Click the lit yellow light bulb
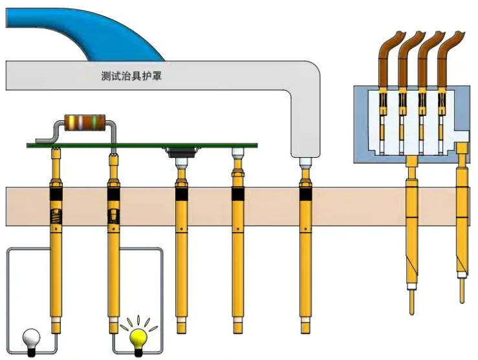138,336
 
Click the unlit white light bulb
31,337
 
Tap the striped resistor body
84,122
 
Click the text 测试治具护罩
132,76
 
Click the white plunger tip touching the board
237,154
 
